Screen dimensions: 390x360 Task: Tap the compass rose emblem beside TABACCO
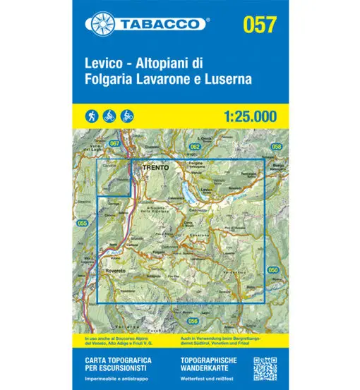tap(99, 24)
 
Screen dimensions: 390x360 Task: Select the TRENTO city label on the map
tap(155, 169)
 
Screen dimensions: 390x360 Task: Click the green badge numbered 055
tap(83, 224)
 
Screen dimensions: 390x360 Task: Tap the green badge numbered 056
tap(193, 300)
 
